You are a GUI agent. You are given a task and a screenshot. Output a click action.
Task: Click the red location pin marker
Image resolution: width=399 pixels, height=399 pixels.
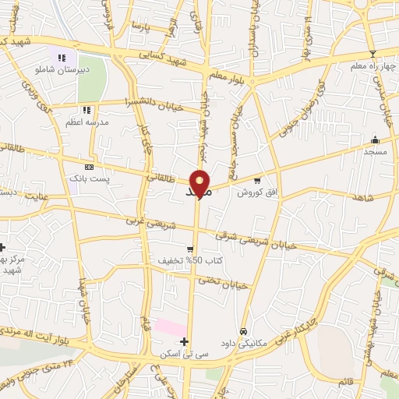pos(200,182)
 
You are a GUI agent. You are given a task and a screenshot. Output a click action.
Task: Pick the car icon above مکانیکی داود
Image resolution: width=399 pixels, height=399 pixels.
pos(244,331)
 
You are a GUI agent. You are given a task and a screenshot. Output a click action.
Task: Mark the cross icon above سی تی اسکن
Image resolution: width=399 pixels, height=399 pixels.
pos(184,341)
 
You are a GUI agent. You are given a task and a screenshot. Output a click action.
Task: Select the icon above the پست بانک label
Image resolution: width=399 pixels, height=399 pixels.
pos(89,167)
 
